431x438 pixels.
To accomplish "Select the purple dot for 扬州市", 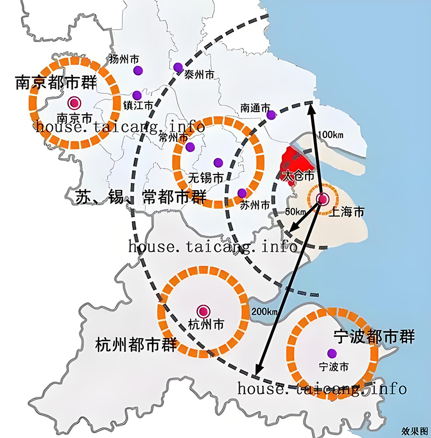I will point(138,70).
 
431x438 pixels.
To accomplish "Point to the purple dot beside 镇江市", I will point(137,95).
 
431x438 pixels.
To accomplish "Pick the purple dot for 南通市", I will point(272,114).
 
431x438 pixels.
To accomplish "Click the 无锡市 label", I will point(205,177).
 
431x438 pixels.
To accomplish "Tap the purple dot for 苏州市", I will point(242,193).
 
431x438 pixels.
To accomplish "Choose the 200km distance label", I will point(265,311).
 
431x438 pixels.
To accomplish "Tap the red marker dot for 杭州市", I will point(203,311).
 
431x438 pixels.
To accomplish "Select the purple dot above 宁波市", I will point(332,353).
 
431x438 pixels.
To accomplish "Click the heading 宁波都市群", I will point(374,337).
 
